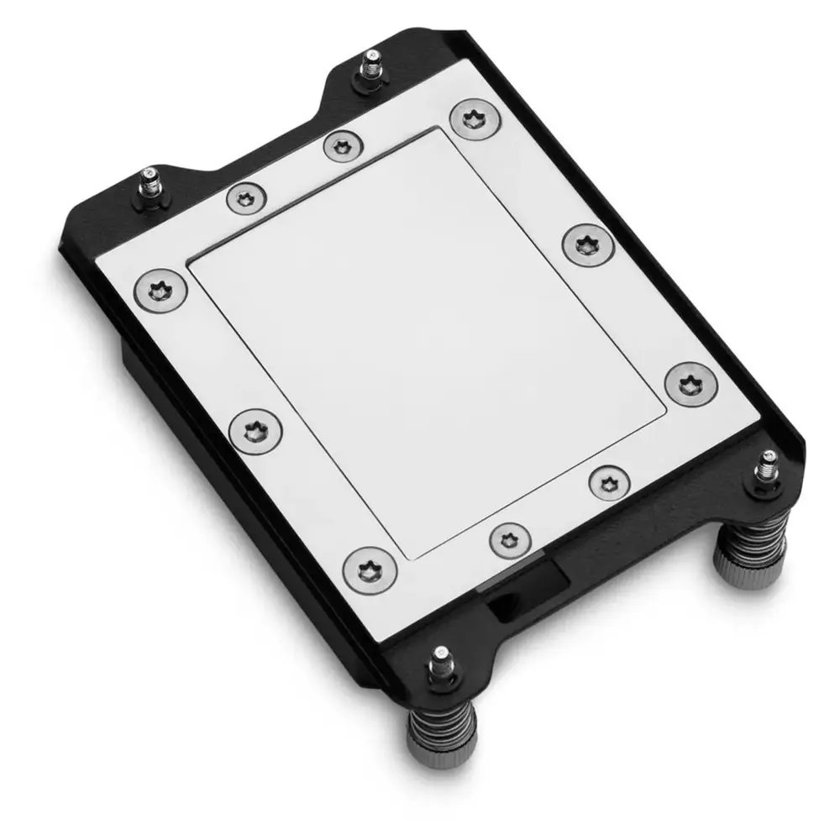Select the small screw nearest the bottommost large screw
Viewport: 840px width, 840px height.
click(509, 538)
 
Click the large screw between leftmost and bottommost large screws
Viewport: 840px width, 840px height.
click(255, 432)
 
